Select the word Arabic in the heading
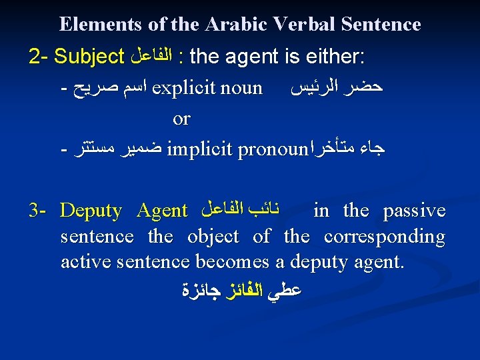click(229, 25)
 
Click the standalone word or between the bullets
click(181, 119)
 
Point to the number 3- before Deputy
click(37, 211)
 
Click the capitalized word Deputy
click(91, 211)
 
